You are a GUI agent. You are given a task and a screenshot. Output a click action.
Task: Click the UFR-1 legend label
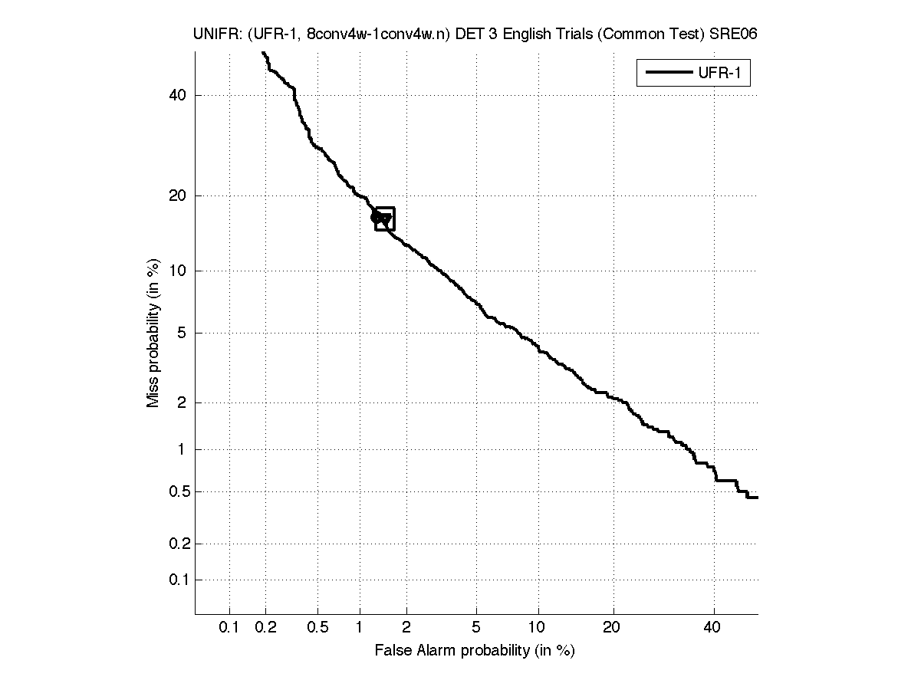click(722, 74)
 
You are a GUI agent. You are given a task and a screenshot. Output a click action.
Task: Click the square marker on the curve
click(385, 219)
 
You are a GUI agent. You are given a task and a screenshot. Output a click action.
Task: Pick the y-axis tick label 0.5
click(177, 491)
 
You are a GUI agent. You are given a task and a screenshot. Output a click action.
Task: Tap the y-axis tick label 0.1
click(177, 580)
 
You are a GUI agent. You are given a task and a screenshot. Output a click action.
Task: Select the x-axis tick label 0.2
click(265, 628)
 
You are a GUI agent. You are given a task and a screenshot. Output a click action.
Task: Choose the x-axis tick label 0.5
click(317, 628)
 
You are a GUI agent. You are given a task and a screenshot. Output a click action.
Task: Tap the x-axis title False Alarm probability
click(475, 650)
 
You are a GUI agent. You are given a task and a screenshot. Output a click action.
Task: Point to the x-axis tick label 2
click(406, 628)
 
